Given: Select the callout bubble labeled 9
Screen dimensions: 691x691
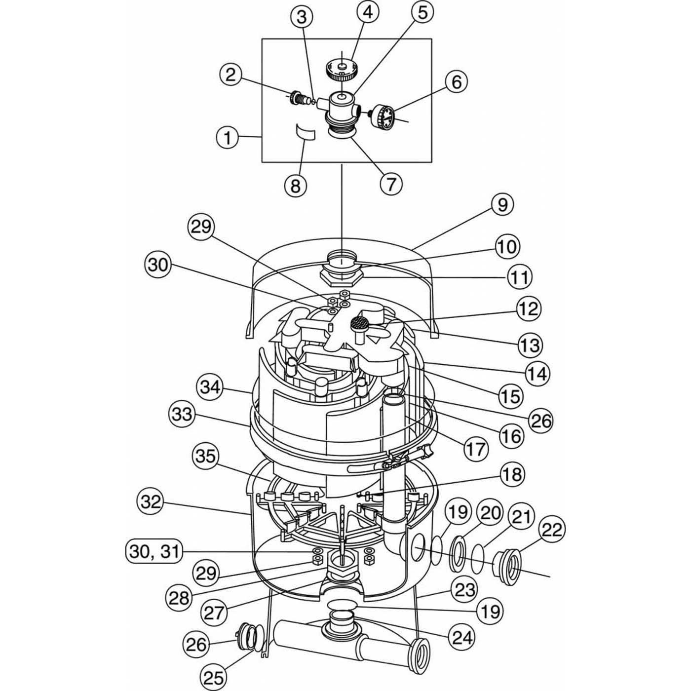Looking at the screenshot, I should coord(502,204).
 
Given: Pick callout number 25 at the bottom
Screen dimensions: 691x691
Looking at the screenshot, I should coord(213,677).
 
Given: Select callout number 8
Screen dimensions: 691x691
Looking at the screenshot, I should coord(295,186).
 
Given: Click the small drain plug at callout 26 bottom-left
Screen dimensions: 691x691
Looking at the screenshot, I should coord(247,640).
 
